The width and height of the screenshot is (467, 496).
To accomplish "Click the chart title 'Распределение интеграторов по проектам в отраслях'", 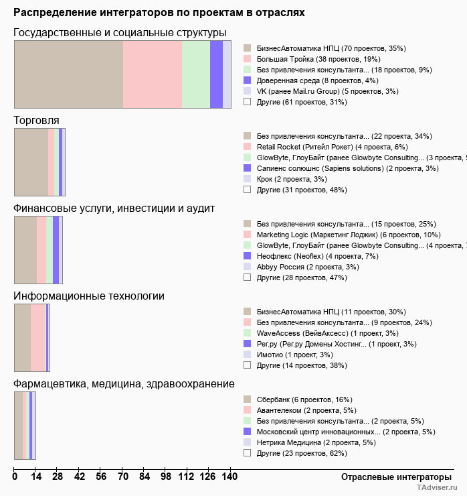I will [x=159, y=13].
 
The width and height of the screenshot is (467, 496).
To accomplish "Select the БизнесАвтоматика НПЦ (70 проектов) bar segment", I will [x=68, y=74].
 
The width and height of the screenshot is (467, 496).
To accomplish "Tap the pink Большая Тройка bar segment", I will [x=153, y=74].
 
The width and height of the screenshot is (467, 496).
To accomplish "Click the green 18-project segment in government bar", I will [x=196, y=74].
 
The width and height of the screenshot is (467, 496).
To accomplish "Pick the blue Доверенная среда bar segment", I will [x=216, y=74].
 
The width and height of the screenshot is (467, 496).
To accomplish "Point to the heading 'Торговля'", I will [x=36, y=120].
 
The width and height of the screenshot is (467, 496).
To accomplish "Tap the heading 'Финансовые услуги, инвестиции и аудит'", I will [x=114, y=208].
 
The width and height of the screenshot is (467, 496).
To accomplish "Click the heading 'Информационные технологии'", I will [x=89, y=296].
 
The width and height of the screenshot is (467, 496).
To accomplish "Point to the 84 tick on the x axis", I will [x=122, y=477].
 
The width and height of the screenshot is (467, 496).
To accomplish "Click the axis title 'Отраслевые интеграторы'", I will [x=391, y=477].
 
